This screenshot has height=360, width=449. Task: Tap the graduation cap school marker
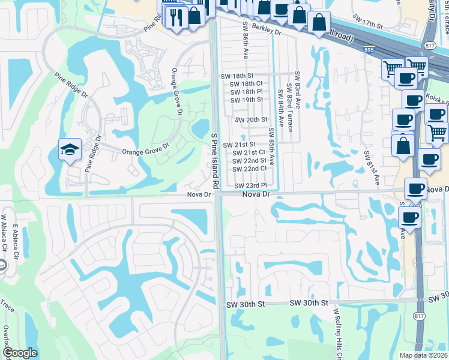(70, 149)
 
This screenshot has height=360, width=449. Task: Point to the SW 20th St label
(250, 120)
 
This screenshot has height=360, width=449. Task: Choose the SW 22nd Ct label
(250, 169)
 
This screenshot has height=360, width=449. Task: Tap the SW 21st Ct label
(249, 152)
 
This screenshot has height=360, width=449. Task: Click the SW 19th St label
(247, 100)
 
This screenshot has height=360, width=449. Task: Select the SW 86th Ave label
(246, 41)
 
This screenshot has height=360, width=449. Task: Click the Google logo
(20, 353)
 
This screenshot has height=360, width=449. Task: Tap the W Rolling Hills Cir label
(337, 332)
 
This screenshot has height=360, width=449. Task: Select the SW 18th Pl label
(247, 92)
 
